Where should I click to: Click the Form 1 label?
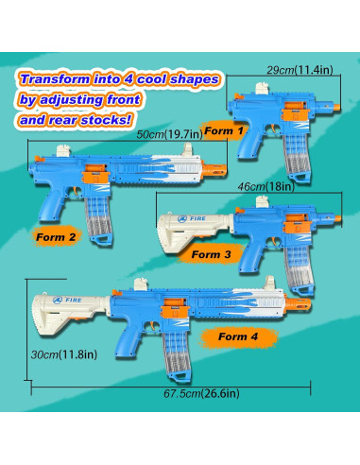click(x=224, y=130)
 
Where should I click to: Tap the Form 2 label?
click(x=56, y=237)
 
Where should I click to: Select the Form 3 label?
click(x=212, y=254)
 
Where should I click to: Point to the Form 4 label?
click(x=238, y=336)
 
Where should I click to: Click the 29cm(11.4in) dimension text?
click(x=300, y=70)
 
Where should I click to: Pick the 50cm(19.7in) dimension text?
click(x=169, y=134)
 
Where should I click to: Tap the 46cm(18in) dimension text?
click(x=266, y=186)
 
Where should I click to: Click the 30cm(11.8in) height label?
click(x=64, y=354)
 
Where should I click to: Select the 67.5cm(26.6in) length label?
click(x=201, y=393)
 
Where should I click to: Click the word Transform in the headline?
click(x=55, y=79)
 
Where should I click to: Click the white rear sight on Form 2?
click(x=63, y=150)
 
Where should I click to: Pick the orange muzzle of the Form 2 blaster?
click(x=214, y=170)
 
